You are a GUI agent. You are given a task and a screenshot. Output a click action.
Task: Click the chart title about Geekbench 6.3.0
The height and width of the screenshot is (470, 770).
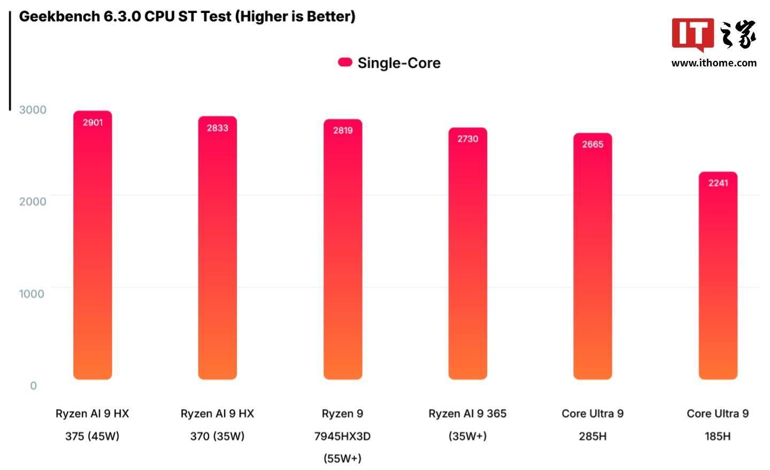pos(187,17)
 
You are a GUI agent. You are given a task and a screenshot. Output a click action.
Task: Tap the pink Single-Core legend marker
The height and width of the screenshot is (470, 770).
pos(345,63)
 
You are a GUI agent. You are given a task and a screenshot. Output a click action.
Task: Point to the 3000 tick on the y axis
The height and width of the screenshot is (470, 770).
pos(33,110)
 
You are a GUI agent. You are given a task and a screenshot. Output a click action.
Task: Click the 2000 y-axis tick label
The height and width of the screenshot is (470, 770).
pos(33,202)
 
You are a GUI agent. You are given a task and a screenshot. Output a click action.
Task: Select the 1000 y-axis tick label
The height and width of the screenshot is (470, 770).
pos(32,294)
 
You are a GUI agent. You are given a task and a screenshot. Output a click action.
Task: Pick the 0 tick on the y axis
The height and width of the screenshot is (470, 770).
pos(33,386)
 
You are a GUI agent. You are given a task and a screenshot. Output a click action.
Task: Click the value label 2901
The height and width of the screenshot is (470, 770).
pos(93,122)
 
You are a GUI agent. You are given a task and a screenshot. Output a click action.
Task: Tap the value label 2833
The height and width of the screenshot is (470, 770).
pos(218,128)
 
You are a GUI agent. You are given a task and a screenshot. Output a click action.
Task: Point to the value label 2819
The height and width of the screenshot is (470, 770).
pos(343,130)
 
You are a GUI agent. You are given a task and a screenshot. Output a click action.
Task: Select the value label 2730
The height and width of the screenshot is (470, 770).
pos(467,139)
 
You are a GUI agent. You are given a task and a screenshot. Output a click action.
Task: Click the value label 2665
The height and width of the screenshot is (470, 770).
pos(592,144)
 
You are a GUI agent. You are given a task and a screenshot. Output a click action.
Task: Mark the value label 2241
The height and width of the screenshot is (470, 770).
pos(718,183)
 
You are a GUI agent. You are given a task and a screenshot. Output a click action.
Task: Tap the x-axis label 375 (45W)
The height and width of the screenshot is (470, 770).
pos(92,436)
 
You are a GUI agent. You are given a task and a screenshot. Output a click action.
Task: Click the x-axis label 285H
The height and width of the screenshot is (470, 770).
pos(592,436)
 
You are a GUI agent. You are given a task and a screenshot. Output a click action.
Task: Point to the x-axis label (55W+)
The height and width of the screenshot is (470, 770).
pos(342,458)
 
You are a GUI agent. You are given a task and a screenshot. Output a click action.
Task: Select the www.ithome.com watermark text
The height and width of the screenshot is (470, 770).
pos(714,63)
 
